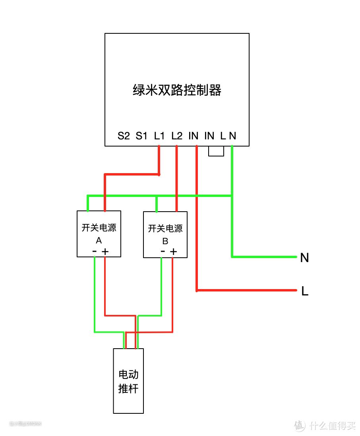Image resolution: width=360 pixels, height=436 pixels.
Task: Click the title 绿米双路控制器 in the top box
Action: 177,91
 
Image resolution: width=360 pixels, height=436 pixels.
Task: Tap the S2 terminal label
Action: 124,136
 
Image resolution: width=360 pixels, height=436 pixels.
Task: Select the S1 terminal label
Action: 141,136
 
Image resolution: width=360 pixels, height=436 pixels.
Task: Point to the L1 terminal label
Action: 159,136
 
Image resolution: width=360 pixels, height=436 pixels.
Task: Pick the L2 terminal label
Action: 177,136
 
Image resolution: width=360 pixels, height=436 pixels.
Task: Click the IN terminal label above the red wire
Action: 194,136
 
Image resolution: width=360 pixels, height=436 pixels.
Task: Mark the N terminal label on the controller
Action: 233,136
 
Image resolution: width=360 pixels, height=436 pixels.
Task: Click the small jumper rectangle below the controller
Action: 216,151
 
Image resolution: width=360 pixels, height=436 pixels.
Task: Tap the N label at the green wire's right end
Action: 304,258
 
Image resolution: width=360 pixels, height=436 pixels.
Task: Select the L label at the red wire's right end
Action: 305,292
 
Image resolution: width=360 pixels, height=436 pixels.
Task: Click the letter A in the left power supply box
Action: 99,241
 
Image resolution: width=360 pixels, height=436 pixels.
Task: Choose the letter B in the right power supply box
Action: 165,241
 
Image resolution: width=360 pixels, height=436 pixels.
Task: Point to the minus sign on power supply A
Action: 95,251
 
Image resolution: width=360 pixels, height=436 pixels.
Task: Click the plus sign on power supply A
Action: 105,251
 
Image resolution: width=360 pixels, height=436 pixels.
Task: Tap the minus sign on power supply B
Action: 163,251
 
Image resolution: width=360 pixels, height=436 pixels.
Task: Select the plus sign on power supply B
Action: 173,251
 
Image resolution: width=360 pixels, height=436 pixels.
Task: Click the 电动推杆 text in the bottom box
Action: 128,381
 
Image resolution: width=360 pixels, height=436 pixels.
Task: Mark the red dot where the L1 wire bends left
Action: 159,174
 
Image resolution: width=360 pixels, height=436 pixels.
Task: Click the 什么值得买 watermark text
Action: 333,426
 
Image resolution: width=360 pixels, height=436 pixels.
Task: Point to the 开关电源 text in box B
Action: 165,229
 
